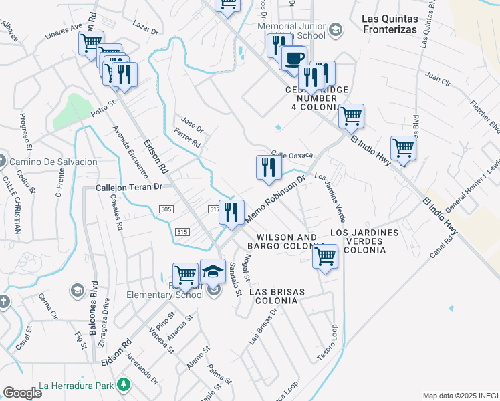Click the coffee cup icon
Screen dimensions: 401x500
[x=294, y=57]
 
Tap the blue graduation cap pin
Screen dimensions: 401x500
[x=213, y=271]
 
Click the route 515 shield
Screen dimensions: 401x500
[x=184, y=231]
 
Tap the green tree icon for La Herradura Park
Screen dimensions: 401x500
[x=123, y=385]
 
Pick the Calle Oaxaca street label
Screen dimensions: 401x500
[x=292, y=155]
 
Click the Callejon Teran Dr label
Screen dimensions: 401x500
[x=130, y=188]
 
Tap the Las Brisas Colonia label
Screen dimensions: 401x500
[x=277, y=297]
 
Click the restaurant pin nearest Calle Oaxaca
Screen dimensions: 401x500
[x=269, y=167]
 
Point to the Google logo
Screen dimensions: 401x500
[x=22, y=392]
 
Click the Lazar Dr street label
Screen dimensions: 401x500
[x=144, y=30]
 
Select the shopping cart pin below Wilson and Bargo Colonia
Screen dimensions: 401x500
[x=325, y=257]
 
